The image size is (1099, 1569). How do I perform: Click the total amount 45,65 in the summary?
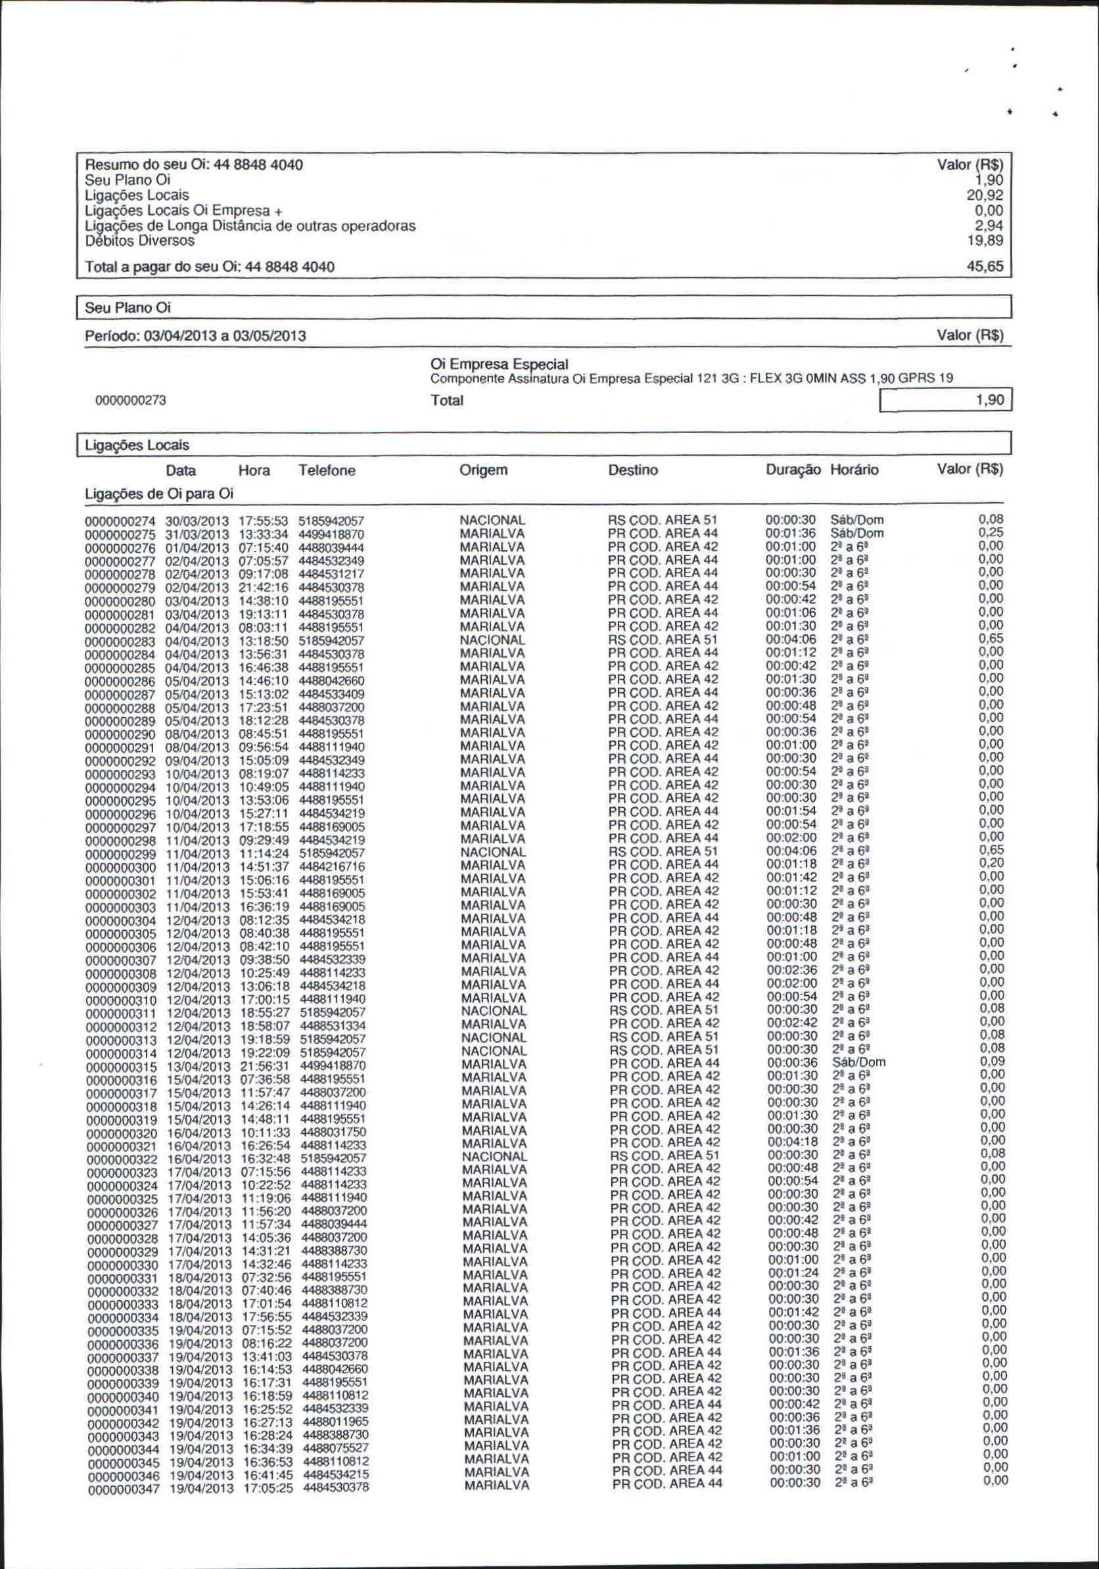(984, 266)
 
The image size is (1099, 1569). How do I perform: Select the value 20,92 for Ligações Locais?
(984, 195)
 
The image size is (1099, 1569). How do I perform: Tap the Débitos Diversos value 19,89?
(984, 241)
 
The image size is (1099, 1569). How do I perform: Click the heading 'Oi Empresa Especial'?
(499, 364)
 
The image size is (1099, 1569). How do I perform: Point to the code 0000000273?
(131, 400)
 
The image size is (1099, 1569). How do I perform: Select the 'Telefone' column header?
(327, 471)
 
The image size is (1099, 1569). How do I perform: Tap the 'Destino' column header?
(633, 470)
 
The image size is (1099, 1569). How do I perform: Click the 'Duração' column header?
(793, 470)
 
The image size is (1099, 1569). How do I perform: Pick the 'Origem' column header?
(483, 470)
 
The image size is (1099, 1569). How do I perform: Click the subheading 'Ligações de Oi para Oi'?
(158, 494)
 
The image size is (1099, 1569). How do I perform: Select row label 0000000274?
(120, 521)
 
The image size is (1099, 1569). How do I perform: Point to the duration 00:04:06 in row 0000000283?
(791, 639)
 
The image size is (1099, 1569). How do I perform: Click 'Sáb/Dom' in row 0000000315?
(858, 1062)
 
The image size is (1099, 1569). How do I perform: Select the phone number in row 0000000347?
(337, 1487)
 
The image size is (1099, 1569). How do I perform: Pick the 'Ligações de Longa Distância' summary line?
(250, 226)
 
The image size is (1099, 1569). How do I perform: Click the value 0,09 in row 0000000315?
(992, 1062)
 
